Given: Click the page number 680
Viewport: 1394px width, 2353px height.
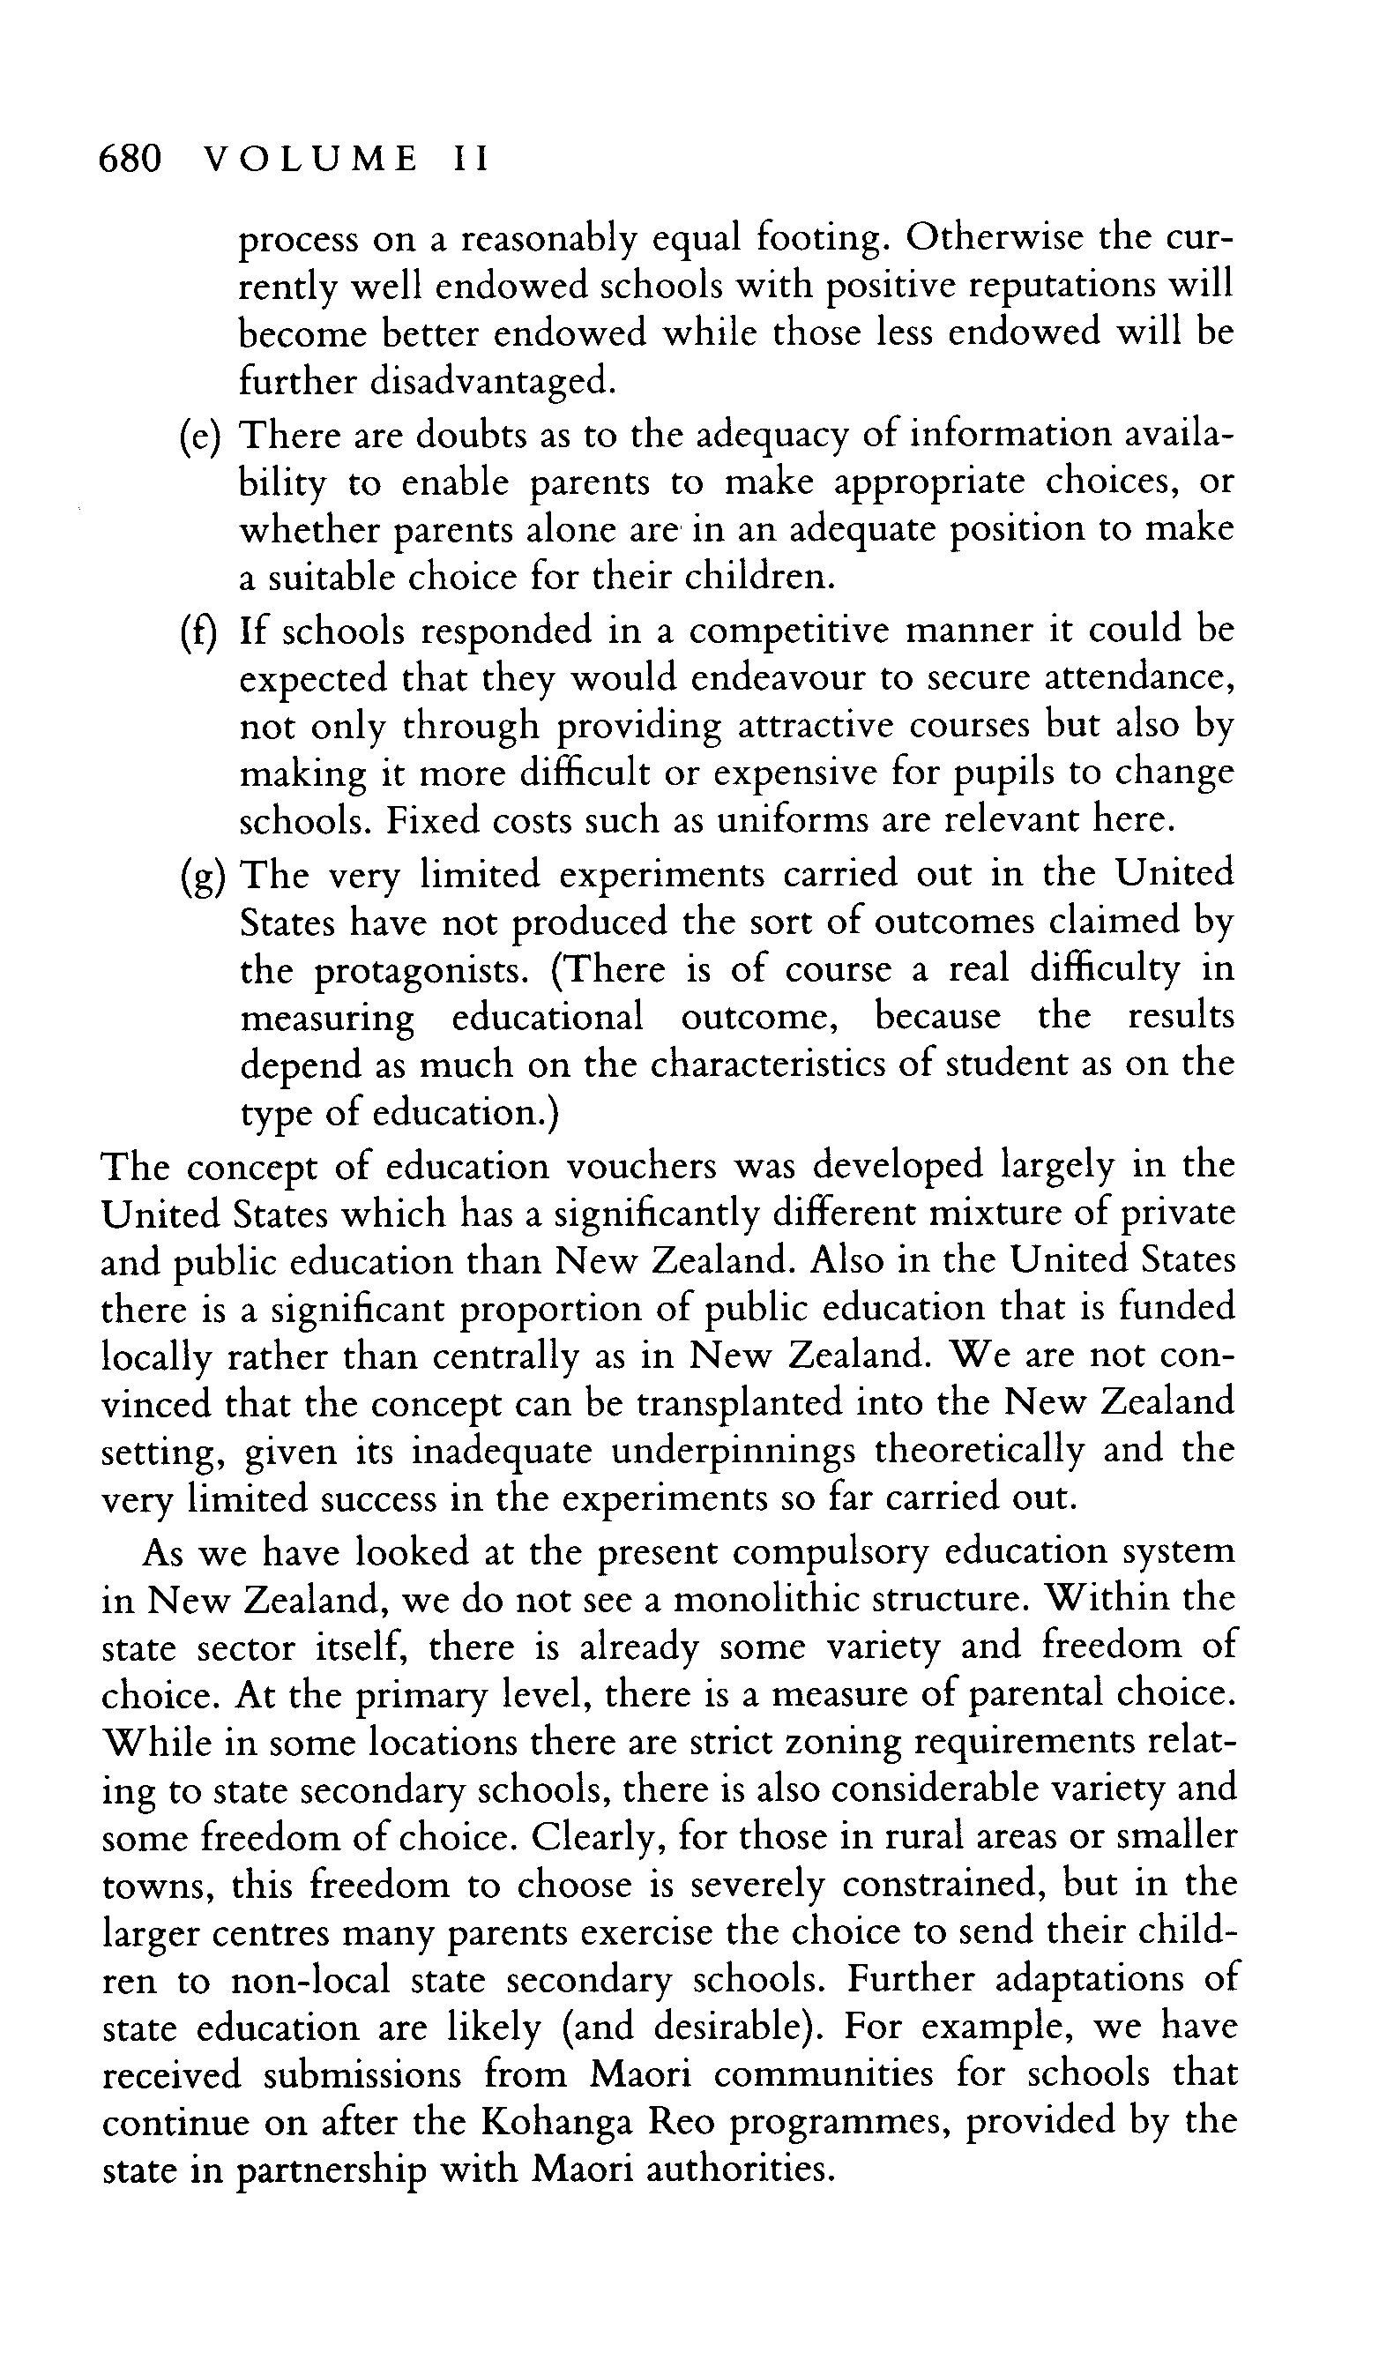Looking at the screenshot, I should (x=131, y=159).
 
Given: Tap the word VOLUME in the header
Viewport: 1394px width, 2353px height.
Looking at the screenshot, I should (x=311, y=159).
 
